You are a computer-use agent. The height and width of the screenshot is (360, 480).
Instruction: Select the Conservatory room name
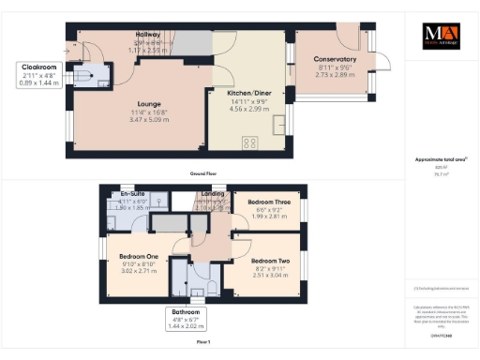336,59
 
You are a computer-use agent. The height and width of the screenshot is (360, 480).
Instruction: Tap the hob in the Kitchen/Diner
251,142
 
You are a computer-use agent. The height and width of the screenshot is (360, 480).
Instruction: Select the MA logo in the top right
442,36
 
